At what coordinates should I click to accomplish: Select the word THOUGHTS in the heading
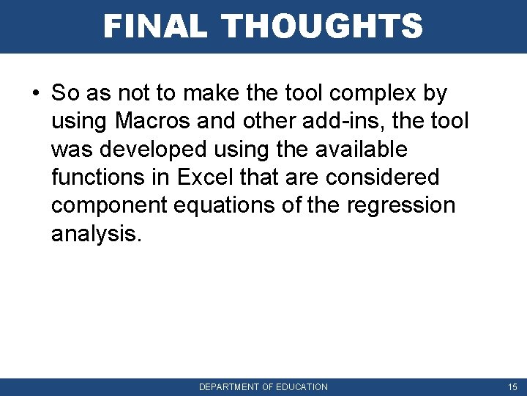(322, 26)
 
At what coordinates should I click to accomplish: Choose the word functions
(101, 177)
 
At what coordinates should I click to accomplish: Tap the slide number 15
(512, 386)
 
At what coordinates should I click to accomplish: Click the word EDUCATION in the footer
(302, 386)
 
